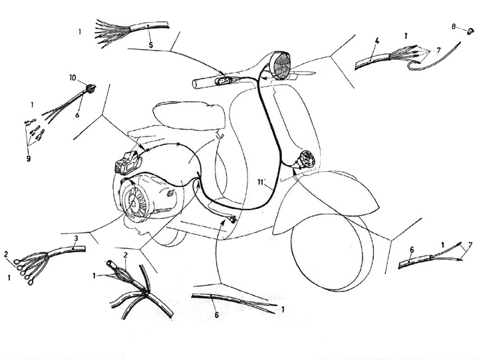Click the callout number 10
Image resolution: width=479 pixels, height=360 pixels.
coord(73,78)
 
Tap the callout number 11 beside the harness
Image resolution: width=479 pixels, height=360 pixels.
coord(260,182)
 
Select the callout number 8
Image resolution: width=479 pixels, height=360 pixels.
coord(454,27)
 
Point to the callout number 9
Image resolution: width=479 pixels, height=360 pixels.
coord(29,158)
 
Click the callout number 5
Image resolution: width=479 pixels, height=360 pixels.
coord(151,45)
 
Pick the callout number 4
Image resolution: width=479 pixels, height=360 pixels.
coord(377,41)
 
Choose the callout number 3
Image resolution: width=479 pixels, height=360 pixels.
coord(77,238)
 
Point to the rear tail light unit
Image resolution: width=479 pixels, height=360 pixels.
coord(128,162)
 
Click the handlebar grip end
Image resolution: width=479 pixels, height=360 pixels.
coord(196,84)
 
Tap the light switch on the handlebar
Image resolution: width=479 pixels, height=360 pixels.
coord(223,81)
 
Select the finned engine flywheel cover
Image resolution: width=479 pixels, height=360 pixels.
coord(135,202)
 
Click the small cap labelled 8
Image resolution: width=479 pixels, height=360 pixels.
coord(470,31)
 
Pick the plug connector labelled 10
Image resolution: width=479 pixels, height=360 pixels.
coord(91,88)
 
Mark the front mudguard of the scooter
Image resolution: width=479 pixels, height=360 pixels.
coord(325,202)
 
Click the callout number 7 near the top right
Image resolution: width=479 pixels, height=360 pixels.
coord(438,50)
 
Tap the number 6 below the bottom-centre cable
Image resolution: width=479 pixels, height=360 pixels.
coord(216,315)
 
